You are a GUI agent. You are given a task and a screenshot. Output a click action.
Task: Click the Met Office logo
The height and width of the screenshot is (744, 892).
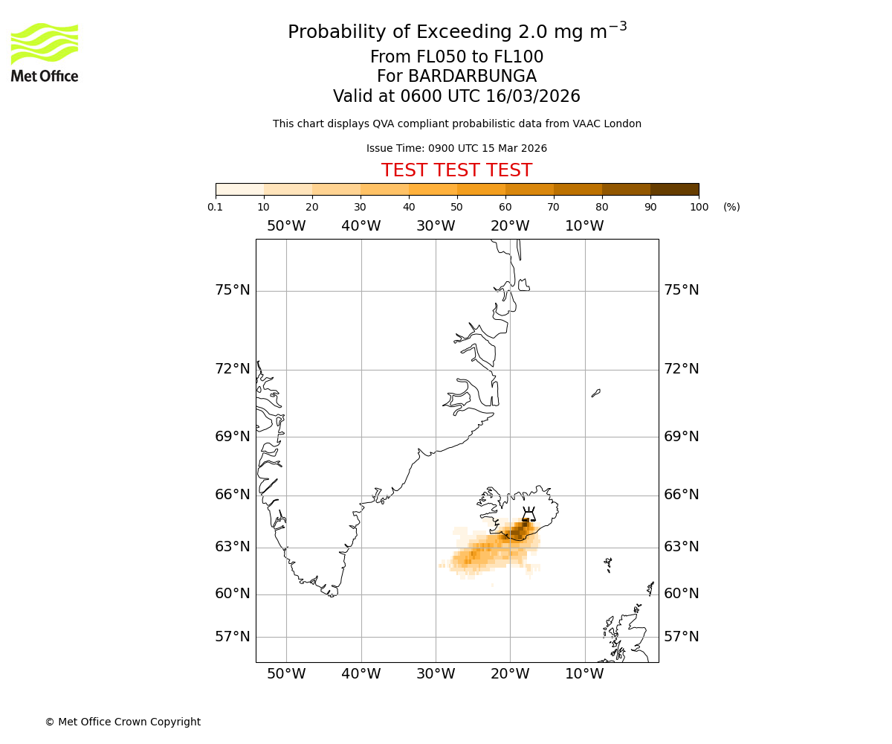pyautogui.click(x=45, y=52)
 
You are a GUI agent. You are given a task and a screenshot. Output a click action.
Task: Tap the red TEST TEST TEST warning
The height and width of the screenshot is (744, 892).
pyautogui.click(x=456, y=170)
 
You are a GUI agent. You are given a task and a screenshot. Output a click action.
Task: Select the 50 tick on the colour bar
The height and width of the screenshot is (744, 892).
pyautogui.click(x=456, y=207)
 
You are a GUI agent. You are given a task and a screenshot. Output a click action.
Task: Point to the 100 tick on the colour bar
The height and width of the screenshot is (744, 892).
pyautogui.click(x=699, y=207)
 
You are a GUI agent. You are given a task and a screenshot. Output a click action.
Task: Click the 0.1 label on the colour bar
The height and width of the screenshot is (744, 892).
pyautogui.click(x=216, y=207)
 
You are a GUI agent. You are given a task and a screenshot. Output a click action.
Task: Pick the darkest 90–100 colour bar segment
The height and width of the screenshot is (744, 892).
pyautogui.click(x=674, y=189)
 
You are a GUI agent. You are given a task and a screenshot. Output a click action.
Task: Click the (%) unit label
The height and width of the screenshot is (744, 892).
pyautogui.click(x=731, y=207)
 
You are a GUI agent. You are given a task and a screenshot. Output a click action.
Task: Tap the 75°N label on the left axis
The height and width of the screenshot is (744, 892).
pyautogui.click(x=233, y=290)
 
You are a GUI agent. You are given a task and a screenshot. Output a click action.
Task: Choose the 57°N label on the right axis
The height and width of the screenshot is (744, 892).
pyautogui.click(x=681, y=637)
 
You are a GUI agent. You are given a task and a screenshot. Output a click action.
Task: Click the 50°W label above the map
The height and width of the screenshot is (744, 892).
pyautogui.click(x=286, y=226)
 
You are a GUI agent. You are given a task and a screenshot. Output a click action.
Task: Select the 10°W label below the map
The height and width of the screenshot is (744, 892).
pyautogui.click(x=584, y=674)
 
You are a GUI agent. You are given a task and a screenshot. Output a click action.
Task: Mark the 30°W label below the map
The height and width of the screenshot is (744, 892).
pyautogui.click(x=436, y=674)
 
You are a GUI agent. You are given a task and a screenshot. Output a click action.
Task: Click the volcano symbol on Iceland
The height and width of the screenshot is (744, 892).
pyautogui.click(x=529, y=514)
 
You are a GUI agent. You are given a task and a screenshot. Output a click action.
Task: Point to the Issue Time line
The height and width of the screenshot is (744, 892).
pyautogui.click(x=456, y=149)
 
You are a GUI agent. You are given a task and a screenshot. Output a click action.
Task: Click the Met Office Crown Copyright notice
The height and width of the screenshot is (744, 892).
pyautogui.click(x=123, y=722)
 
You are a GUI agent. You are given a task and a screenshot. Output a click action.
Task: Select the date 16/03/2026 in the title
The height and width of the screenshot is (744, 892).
pyautogui.click(x=533, y=97)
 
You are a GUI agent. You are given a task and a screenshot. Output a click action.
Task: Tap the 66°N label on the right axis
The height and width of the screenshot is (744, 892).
pyautogui.click(x=681, y=495)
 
